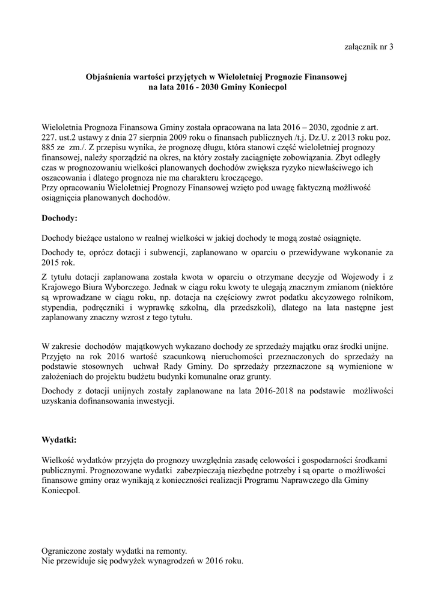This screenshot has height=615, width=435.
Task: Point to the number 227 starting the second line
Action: click(x=49, y=138)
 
